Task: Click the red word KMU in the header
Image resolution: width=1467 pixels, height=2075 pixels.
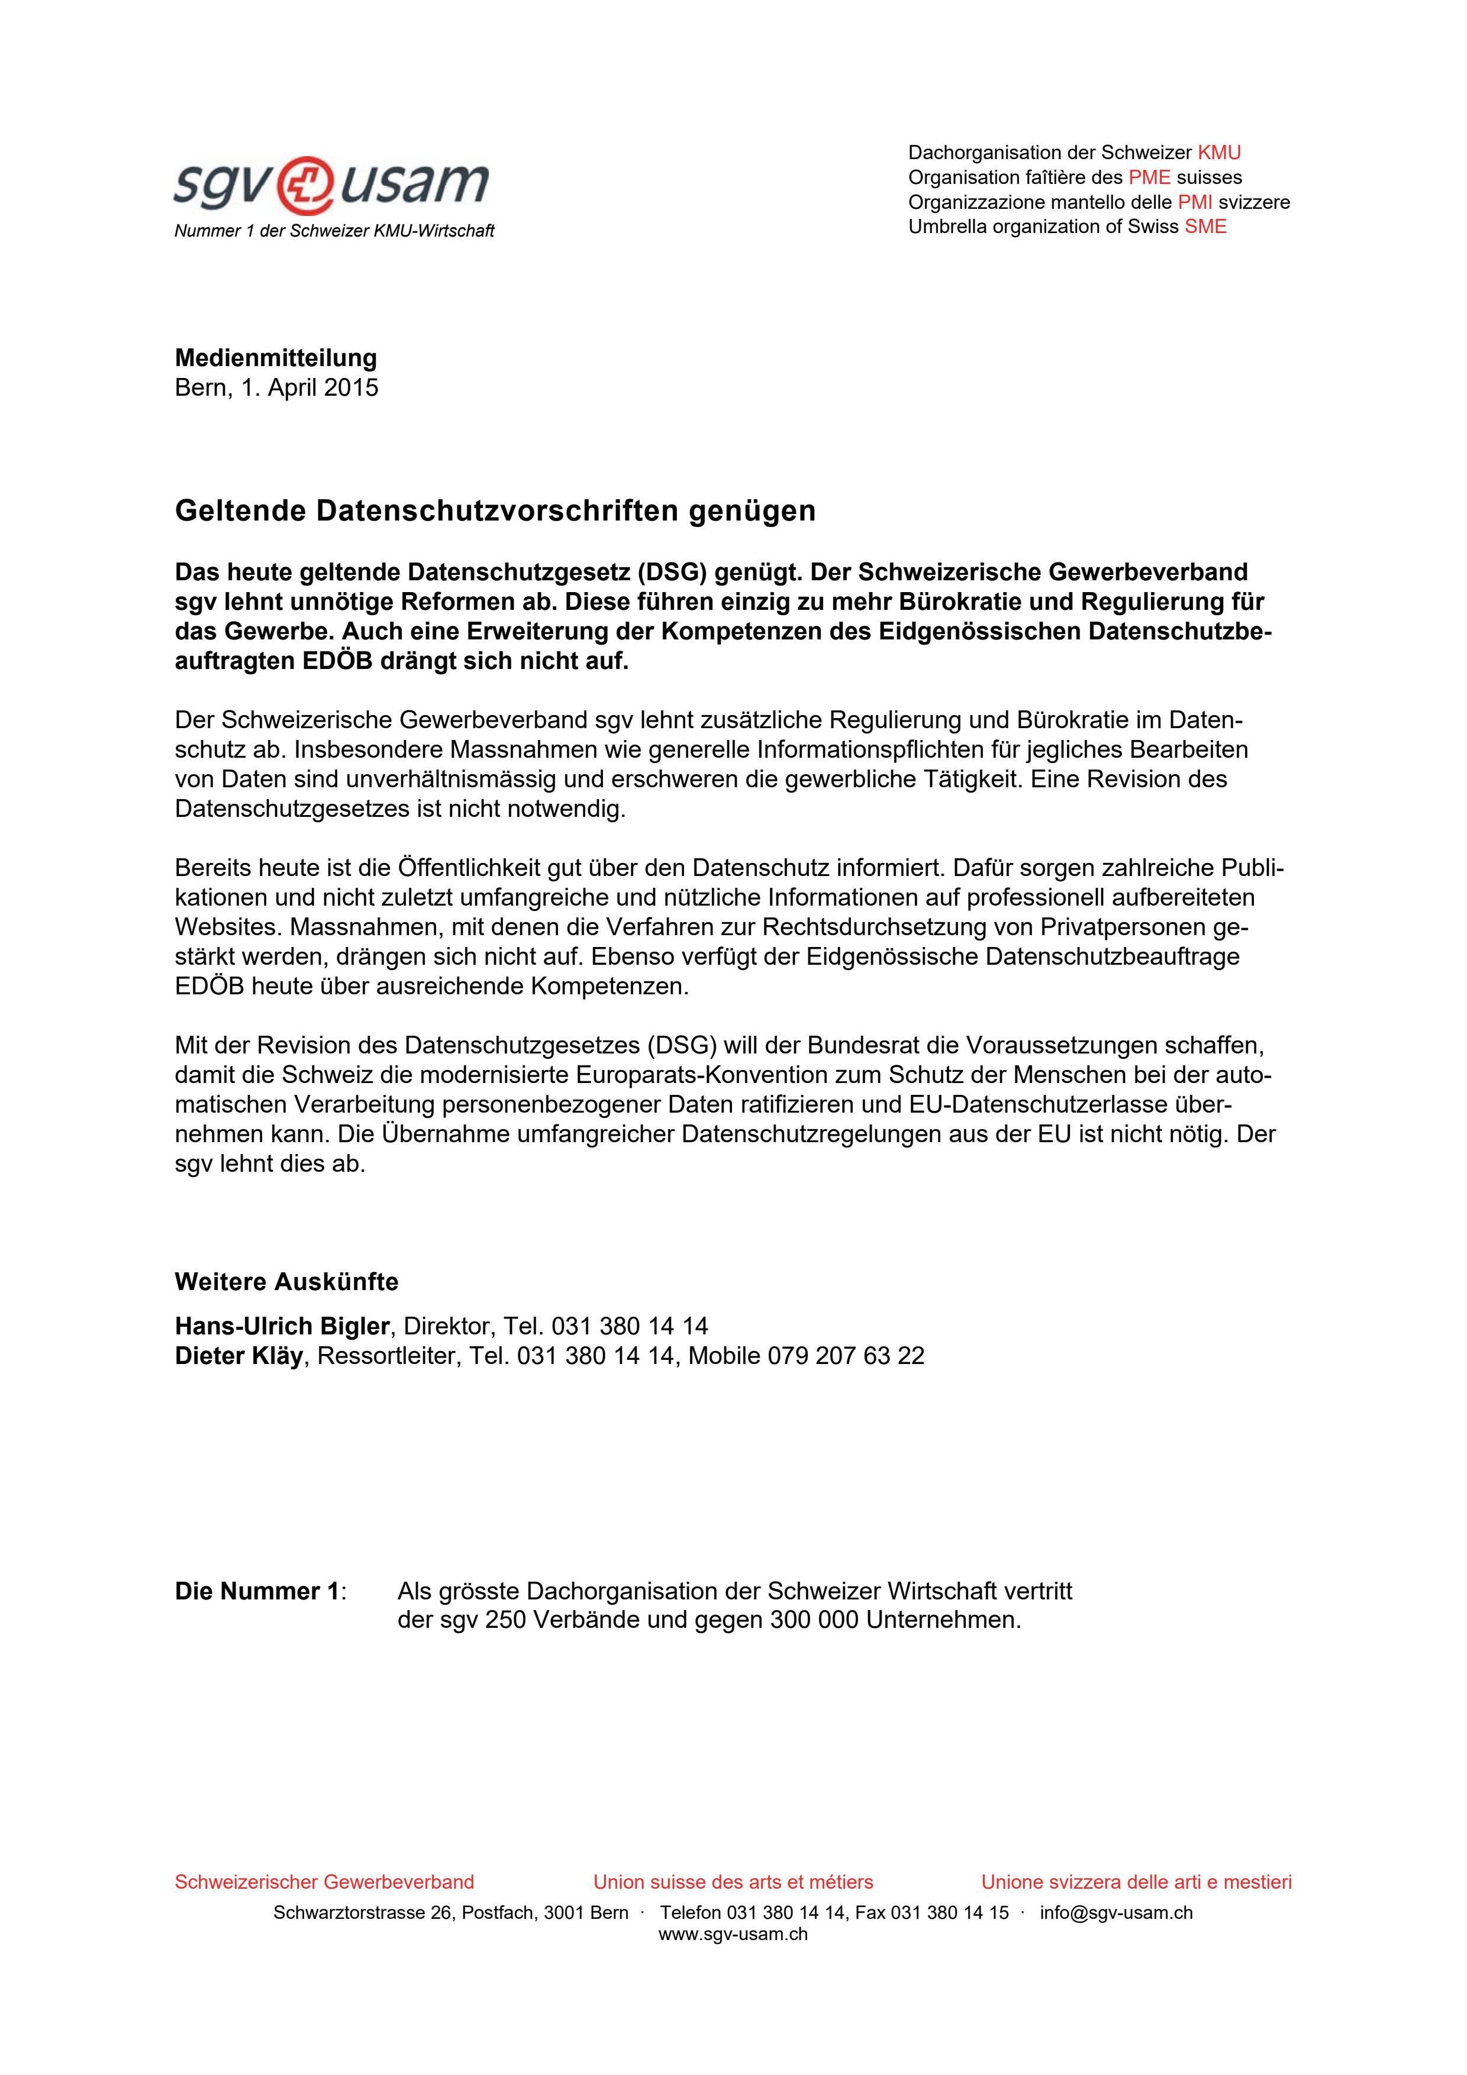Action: point(1218,153)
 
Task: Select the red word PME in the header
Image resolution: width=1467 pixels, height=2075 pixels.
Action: point(1149,177)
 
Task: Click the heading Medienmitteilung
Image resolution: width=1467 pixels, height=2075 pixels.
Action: point(276,358)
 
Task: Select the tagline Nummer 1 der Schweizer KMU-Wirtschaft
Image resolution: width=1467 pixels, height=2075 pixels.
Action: point(334,231)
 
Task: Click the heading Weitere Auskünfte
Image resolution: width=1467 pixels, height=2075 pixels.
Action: point(286,1282)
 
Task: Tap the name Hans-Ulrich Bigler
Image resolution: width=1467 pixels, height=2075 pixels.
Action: point(281,1326)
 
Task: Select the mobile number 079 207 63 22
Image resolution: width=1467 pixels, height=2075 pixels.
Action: point(846,1356)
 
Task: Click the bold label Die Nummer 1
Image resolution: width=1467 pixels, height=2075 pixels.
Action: point(257,1592)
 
